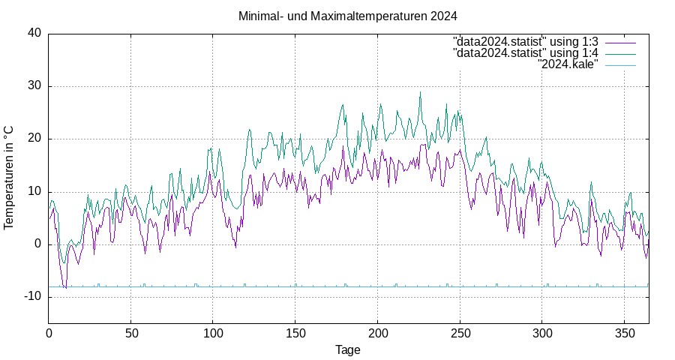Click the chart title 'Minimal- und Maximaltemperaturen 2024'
pos(347,16)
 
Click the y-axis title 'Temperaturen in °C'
pos(10,177)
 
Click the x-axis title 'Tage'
pos(348,349)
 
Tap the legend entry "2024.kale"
pos(568,65)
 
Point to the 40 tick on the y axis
pos(34,33)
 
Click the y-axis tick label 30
pos(34,86)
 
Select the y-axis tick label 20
pos(34,139)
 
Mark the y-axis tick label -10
pos(33,297)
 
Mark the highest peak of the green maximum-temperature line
pos(420,92)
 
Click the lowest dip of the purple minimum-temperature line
pos(66,288)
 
